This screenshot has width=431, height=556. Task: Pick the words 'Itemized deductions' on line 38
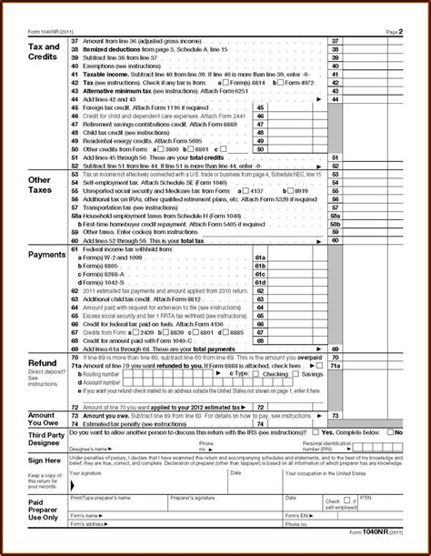pos(100,49)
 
